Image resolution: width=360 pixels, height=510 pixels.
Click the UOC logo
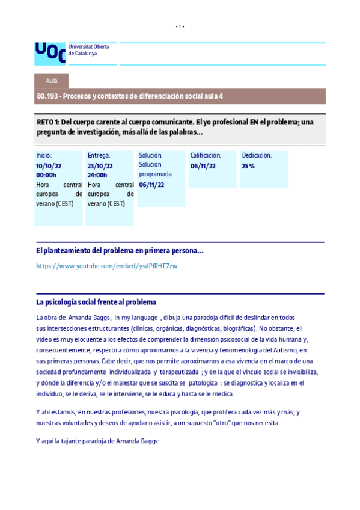(49, 52)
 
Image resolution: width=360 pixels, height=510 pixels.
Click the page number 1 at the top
(180, 26)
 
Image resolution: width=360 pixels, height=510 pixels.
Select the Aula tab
(52, 81)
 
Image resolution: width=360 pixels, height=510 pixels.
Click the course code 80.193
(48, 96)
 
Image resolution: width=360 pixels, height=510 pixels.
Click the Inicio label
(44, 155)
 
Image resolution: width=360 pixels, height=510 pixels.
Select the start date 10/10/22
(49, 165)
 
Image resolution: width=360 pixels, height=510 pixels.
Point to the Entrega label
(99, 155)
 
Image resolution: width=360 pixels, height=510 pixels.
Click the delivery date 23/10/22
(100, 165)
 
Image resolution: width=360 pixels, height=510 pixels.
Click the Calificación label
(206, 155)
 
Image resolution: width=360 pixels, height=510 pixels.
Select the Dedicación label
(257, 155)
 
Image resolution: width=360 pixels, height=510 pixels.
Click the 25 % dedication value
(248, 165)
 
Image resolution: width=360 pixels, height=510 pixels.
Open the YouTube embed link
(106, 266)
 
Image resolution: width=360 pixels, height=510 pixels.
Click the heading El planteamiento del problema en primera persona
(120, 250)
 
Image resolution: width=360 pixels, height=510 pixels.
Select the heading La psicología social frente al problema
(96, 302)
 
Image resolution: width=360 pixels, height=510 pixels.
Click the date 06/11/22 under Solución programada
(151, 185)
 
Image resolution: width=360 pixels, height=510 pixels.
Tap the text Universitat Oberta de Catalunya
(84, 49)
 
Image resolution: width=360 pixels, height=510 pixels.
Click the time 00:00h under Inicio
(46, 175)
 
